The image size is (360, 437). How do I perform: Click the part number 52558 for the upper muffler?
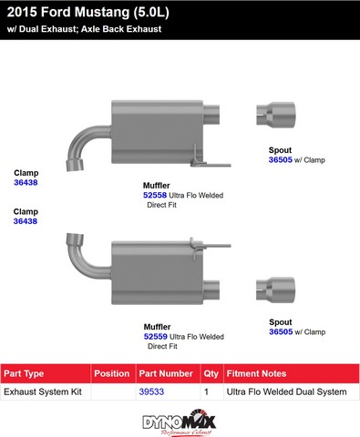[x=155, y=195]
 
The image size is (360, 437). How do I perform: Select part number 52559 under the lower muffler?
[x=156, y=337]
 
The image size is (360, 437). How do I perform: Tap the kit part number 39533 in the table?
[x=151, y=391]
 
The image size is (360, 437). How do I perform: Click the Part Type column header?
[x=24, y=373]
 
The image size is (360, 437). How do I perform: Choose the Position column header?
[x=112, y=373]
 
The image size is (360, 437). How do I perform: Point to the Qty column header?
[x=211, y=374]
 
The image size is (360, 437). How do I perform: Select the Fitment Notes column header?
[x=256, y=373]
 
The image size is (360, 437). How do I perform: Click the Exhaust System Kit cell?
[x=43, y=391]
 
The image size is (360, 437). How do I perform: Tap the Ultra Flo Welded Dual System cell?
[x=286, y=391]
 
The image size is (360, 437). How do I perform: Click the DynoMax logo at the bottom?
[x=180, y=422]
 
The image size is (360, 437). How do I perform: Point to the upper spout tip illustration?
[x=275, y=115]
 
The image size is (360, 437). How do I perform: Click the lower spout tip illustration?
[x=275, y=290]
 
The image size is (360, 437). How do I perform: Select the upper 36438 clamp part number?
[x=26, y=182]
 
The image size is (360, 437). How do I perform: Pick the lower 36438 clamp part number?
[x=26, y=221]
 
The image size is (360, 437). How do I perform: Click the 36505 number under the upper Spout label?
[x=281, y=160]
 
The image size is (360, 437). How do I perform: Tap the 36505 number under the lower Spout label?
[x=281, y=331]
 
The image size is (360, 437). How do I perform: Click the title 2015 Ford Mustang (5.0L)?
[x=88, y=13]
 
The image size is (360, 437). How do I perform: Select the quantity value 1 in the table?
[x=207, y=391]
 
